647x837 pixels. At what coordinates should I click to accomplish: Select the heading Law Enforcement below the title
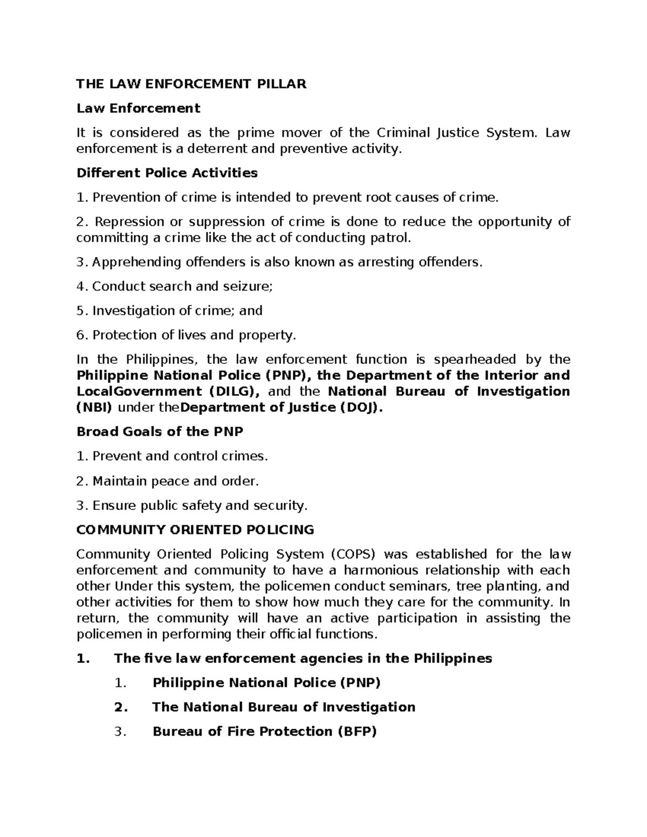pyautogui.click(x=138, y=108)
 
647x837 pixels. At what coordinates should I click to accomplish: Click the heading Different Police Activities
pyautogui.click(x=167, y=173)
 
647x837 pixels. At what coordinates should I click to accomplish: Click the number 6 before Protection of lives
pyautogui.click(x=81, y=335)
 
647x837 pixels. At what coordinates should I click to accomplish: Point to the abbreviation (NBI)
pyautogui.click(x=94, y=407)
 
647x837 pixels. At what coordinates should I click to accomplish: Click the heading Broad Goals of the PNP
pyautogui.click(x=160, y=432)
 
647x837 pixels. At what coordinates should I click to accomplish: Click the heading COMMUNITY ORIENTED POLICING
pyautogui.click(x=195, y=529)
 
